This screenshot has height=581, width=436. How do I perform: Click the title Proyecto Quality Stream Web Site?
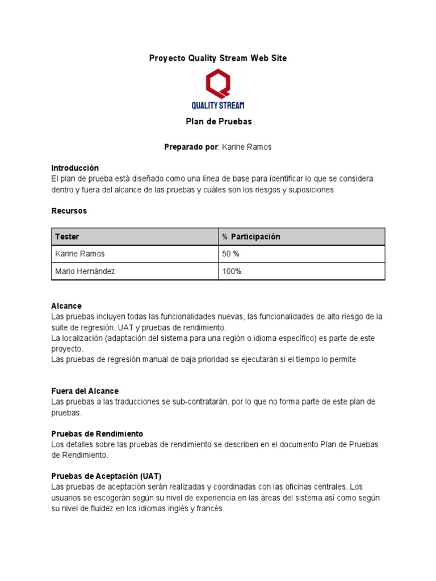coord(218,58)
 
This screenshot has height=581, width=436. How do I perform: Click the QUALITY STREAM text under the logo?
coord(218,106)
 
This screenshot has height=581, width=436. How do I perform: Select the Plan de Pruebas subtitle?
coord(218,121)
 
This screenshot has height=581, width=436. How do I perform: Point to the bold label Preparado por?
coord(191,147)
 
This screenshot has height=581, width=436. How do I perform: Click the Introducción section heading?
coord(75,168)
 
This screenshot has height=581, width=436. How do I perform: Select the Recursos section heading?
coord(69,210)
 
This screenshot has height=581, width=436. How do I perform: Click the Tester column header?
coord(67,237)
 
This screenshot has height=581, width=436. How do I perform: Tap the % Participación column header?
coord(251,237)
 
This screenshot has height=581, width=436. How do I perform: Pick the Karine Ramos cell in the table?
coord(80,254)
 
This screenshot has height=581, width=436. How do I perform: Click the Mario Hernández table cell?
coord(85,271)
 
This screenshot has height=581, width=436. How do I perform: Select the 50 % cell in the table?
coord(231,254)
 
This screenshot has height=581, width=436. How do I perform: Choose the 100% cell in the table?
coord(232,271)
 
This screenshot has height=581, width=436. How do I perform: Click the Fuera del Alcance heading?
coord(85,391)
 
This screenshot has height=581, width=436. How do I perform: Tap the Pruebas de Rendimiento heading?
coord(97,433)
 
